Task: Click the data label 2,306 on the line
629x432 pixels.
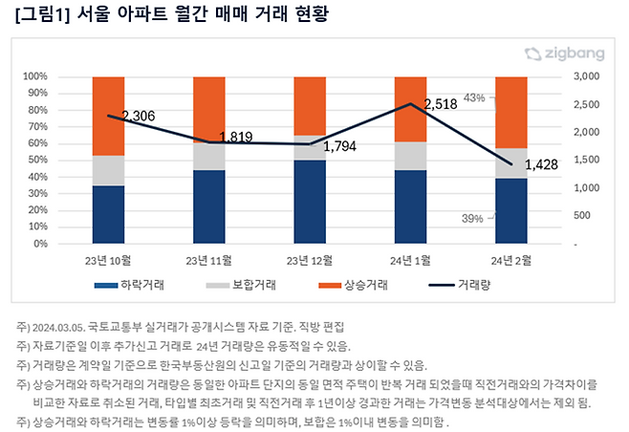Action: pyautogui.click(x=140, y=116)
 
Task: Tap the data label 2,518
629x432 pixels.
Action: pyautogui.click(x=443, y=103)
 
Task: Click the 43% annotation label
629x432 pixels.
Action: pyautogui.click(x=474, y=97)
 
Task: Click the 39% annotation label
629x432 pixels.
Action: pyautogui.click(x=472, y=219)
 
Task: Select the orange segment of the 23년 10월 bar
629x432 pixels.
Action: pyautogui.click(x=109, y=116)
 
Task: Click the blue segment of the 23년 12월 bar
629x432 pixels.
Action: pyautogui.click(x=310, y=202)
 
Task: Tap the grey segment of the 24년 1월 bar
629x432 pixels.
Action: pyautogui.click(x=411, y=156)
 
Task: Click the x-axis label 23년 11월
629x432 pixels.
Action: pyautogui.click(x=208, y=260)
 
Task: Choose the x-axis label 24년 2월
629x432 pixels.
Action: pyautogui.click(x=511, y=260)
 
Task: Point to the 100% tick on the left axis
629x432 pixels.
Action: pyautogui.click(x=62, y=76)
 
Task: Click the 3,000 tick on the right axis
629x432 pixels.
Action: pyautogui.click(x=585, y=76)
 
